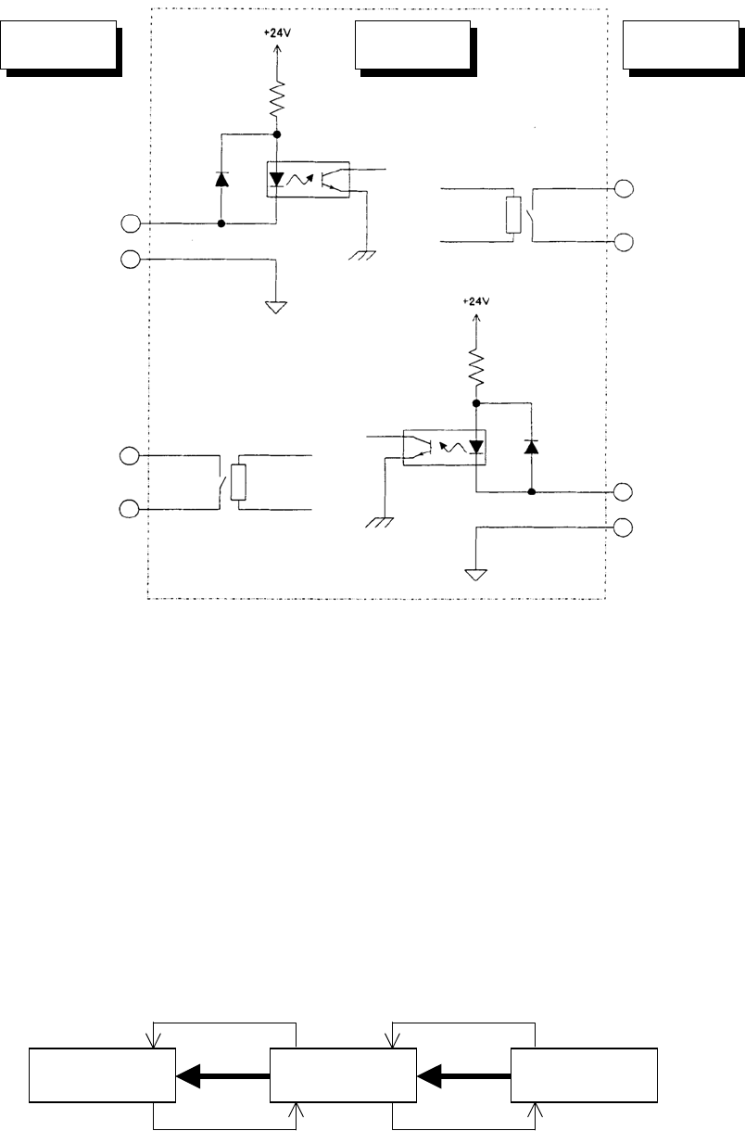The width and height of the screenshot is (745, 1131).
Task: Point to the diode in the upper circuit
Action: coord(221,179)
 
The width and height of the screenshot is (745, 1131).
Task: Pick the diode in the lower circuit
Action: coord(531,448)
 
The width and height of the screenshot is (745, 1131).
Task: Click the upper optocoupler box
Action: coord(305,178)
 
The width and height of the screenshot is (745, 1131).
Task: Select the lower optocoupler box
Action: coord(445,447)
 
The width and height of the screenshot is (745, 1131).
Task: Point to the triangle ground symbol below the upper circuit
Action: coord(275,306)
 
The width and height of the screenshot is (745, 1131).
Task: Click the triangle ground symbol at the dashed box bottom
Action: coord(476,574)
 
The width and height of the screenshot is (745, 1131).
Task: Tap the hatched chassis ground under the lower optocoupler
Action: coord(379,522)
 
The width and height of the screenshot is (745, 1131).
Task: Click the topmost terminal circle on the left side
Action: coord(132,223)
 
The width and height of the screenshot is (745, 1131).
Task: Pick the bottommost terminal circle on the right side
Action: coord(625,527)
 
